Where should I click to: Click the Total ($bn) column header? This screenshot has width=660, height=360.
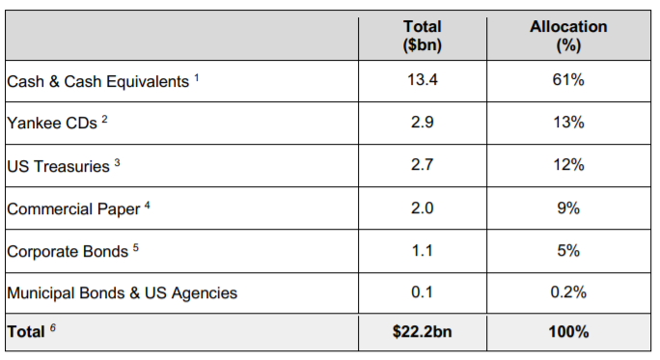423,36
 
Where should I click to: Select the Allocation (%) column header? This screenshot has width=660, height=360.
568,36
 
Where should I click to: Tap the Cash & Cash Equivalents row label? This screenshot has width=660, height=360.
98,82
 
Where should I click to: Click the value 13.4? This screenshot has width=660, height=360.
423,79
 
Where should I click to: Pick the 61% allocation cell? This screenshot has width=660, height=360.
568,79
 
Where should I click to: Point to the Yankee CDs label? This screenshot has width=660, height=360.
52,123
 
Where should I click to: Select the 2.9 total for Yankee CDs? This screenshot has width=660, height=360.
423,123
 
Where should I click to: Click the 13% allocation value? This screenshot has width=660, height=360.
568,123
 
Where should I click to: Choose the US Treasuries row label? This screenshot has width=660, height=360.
58,166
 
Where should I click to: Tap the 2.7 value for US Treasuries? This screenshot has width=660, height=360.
423,165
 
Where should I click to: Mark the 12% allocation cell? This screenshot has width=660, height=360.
568,165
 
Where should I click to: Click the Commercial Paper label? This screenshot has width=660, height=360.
73,209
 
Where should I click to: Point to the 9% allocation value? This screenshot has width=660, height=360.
568,208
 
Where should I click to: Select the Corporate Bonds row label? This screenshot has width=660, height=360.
68,251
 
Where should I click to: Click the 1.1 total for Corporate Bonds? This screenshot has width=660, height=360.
423,251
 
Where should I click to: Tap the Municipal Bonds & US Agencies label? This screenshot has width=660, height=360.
123,293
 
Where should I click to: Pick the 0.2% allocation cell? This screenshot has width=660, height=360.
568,292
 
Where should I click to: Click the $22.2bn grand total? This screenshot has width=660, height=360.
423,332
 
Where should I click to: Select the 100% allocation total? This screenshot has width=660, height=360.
568,332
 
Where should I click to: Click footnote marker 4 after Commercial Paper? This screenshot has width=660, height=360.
147,205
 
